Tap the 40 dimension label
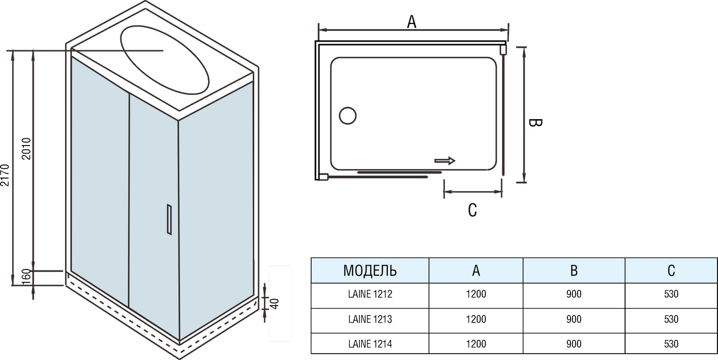point(274,304)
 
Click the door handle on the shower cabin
point(169,219)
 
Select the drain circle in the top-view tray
point(348,116)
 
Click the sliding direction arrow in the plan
point(445,161)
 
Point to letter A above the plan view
point(411,22)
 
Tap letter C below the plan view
point(472,210)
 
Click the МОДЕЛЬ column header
point(370,270)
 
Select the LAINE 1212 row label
point(370,294)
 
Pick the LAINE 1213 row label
point(370,319)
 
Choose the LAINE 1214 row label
point(370,344)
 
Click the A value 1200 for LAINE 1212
point(475,294)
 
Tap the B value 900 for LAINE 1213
point(573,319)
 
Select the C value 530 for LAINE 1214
point(671,344)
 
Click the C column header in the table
point(671,270)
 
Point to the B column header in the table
point(573,270)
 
